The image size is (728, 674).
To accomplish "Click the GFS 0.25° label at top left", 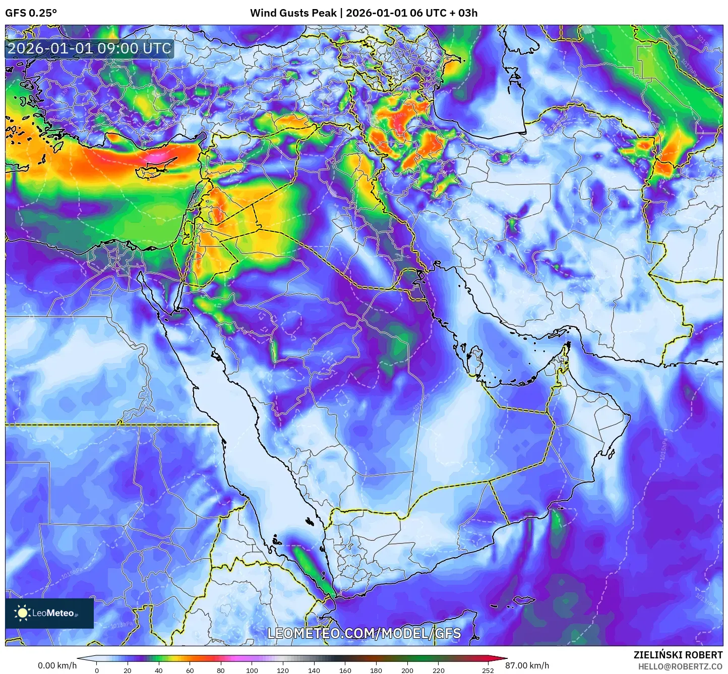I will tap(31, 13).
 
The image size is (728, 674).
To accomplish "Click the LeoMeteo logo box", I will tap(49, 613).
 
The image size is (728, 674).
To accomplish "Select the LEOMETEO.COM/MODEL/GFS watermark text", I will tap(364, 633).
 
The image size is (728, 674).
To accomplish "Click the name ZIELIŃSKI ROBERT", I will tap(678, 655).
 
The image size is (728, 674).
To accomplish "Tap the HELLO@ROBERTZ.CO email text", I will tap(680, 666).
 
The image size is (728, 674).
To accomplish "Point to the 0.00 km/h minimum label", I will tap(57, 665).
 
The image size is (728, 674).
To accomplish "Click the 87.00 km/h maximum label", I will tap(527, 665).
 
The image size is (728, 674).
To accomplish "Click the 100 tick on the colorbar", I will tap(252, 670).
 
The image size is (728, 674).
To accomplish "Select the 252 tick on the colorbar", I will tap(488, 670).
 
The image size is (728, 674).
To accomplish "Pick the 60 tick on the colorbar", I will tap(190, 670).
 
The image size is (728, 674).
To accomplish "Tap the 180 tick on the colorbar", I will tap(376, 670).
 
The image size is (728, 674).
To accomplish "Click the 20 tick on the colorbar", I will tap(128, 670).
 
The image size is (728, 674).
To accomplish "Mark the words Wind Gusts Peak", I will tap(293, 13).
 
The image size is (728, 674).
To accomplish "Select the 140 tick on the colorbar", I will tap(314, 670).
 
